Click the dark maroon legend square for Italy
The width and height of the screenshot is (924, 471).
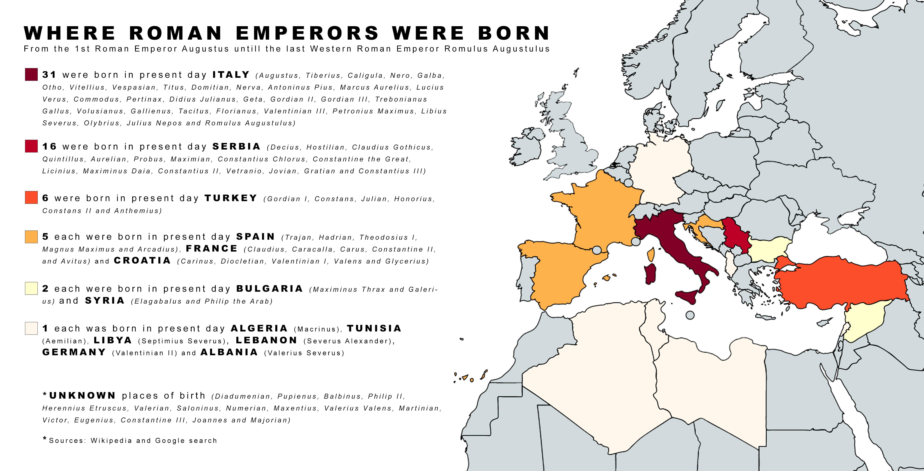31,74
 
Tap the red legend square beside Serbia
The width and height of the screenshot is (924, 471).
31,146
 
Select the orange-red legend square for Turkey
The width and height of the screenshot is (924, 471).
31,198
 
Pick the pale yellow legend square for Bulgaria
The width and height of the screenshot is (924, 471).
31,288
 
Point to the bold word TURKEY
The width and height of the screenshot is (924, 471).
231,198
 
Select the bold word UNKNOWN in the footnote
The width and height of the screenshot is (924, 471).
82,396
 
